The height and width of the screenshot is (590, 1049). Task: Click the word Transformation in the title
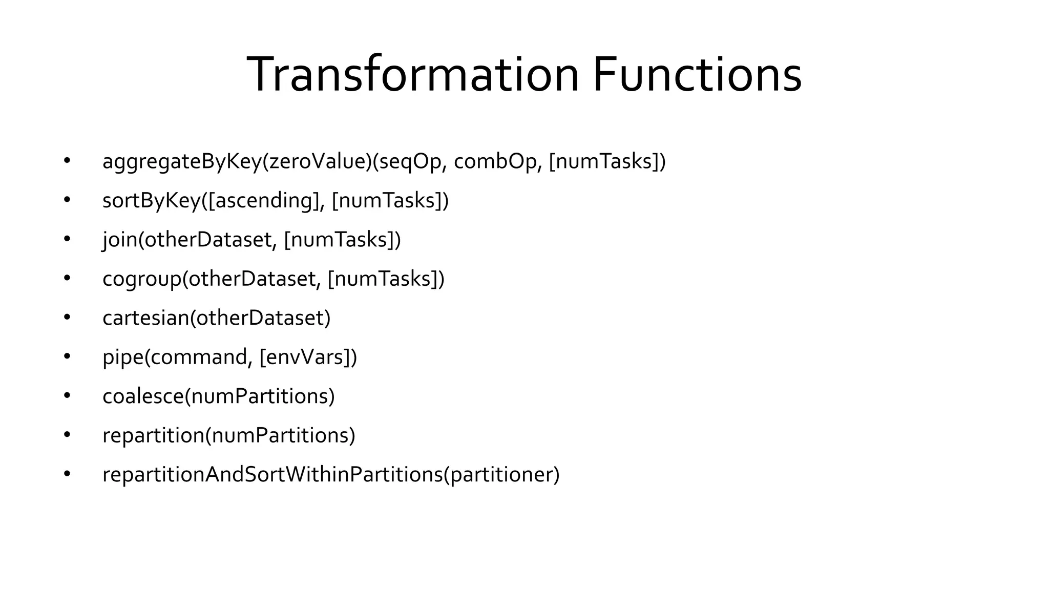pos(412,75)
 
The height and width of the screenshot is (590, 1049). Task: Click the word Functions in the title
pos(697,75)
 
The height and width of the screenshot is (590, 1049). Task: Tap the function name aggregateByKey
pos(182,162)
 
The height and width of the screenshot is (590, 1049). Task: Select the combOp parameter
pos(495,161)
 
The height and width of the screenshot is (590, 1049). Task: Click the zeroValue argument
pos(318,161)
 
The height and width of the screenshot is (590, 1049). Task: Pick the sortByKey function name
pos(151,201)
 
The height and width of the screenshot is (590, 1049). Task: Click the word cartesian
pos(145,318)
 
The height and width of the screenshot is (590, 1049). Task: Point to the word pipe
pos(122,357)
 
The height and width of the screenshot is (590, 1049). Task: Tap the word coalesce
pos(142,396)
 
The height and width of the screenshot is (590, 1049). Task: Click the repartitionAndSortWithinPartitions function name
pos(272,475)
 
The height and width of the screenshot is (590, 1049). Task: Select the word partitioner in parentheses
pos(501,475)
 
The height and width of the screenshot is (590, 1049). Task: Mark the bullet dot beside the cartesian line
pos(67,318)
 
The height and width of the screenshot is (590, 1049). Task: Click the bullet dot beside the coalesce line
pos(67,396)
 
